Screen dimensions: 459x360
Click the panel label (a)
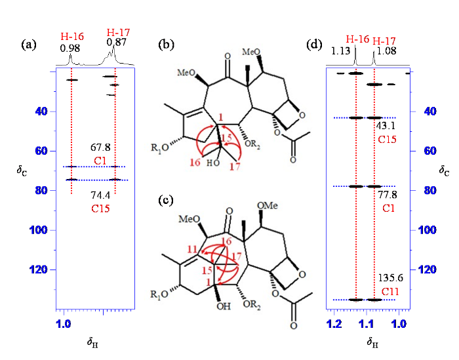(x=29, y=45)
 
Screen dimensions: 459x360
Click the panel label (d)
(x=314, y=45)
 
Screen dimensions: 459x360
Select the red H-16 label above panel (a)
(x=72, y=37)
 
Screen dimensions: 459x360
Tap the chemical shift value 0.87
(x=116, y=43)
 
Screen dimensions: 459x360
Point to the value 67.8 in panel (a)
(x=100, y=148)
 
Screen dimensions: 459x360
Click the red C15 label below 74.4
(x=100, y=209)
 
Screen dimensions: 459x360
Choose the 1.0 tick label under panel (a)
(x=63, y=325)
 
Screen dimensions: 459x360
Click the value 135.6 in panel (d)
(x=391, y=278)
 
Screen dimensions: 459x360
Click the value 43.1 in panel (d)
(x=386, y=126)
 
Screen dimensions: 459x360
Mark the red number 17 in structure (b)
(x=235, y=167)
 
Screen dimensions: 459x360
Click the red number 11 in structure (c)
(x=192, y=249)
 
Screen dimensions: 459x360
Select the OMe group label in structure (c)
(x=268, y=206)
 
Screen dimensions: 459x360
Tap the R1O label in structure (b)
(x=160, y=148)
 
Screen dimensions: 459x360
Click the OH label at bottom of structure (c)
(x=224, y=306)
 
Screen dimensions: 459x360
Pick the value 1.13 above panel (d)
(x=341, y=51)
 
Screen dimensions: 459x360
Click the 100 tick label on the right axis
(x=428, y=230)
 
